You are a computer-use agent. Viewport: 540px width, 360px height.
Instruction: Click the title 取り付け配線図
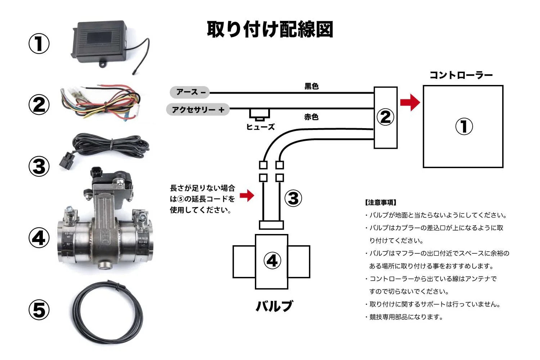pyautogui.click(x=270, y=30)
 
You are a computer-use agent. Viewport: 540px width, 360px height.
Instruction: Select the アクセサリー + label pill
pyautogui.click(x=198, y=109)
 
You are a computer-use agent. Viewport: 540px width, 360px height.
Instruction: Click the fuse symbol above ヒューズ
pyautogui.click(x=260, y=114)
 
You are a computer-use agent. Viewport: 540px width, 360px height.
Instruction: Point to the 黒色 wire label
pyautogui.click(x=311, y=86)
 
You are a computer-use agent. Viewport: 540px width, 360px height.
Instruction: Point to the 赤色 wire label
pyautogui.click(x=311, y=117)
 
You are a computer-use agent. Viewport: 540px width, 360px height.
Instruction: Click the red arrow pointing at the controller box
pyautogui.click(x=410, y=102)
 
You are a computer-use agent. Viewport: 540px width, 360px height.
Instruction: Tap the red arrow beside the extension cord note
pyautogui.click(x=247, y=195)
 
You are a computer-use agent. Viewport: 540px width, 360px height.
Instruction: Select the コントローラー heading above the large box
pyautogui.click(x=461, y=75)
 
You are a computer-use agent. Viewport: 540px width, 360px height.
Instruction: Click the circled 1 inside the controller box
pyautogui.click(x=464, y=127)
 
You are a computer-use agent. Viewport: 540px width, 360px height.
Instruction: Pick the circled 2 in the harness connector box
pyautogui.click(x=385, y=117)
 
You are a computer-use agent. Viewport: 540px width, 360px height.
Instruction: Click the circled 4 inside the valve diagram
pyautogui.click(x=272, y=261)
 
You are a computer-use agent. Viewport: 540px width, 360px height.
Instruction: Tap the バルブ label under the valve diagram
pyautogui.click(x=274, y=306)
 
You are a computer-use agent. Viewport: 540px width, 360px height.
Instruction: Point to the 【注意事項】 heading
pyautogui.click(x=381, y=203)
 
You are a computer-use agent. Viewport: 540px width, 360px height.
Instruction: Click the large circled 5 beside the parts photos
pyautogui.click(x=39, y=310)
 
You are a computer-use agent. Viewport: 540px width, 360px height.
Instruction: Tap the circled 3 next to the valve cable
pyautogui.click(x=293, y=198)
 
